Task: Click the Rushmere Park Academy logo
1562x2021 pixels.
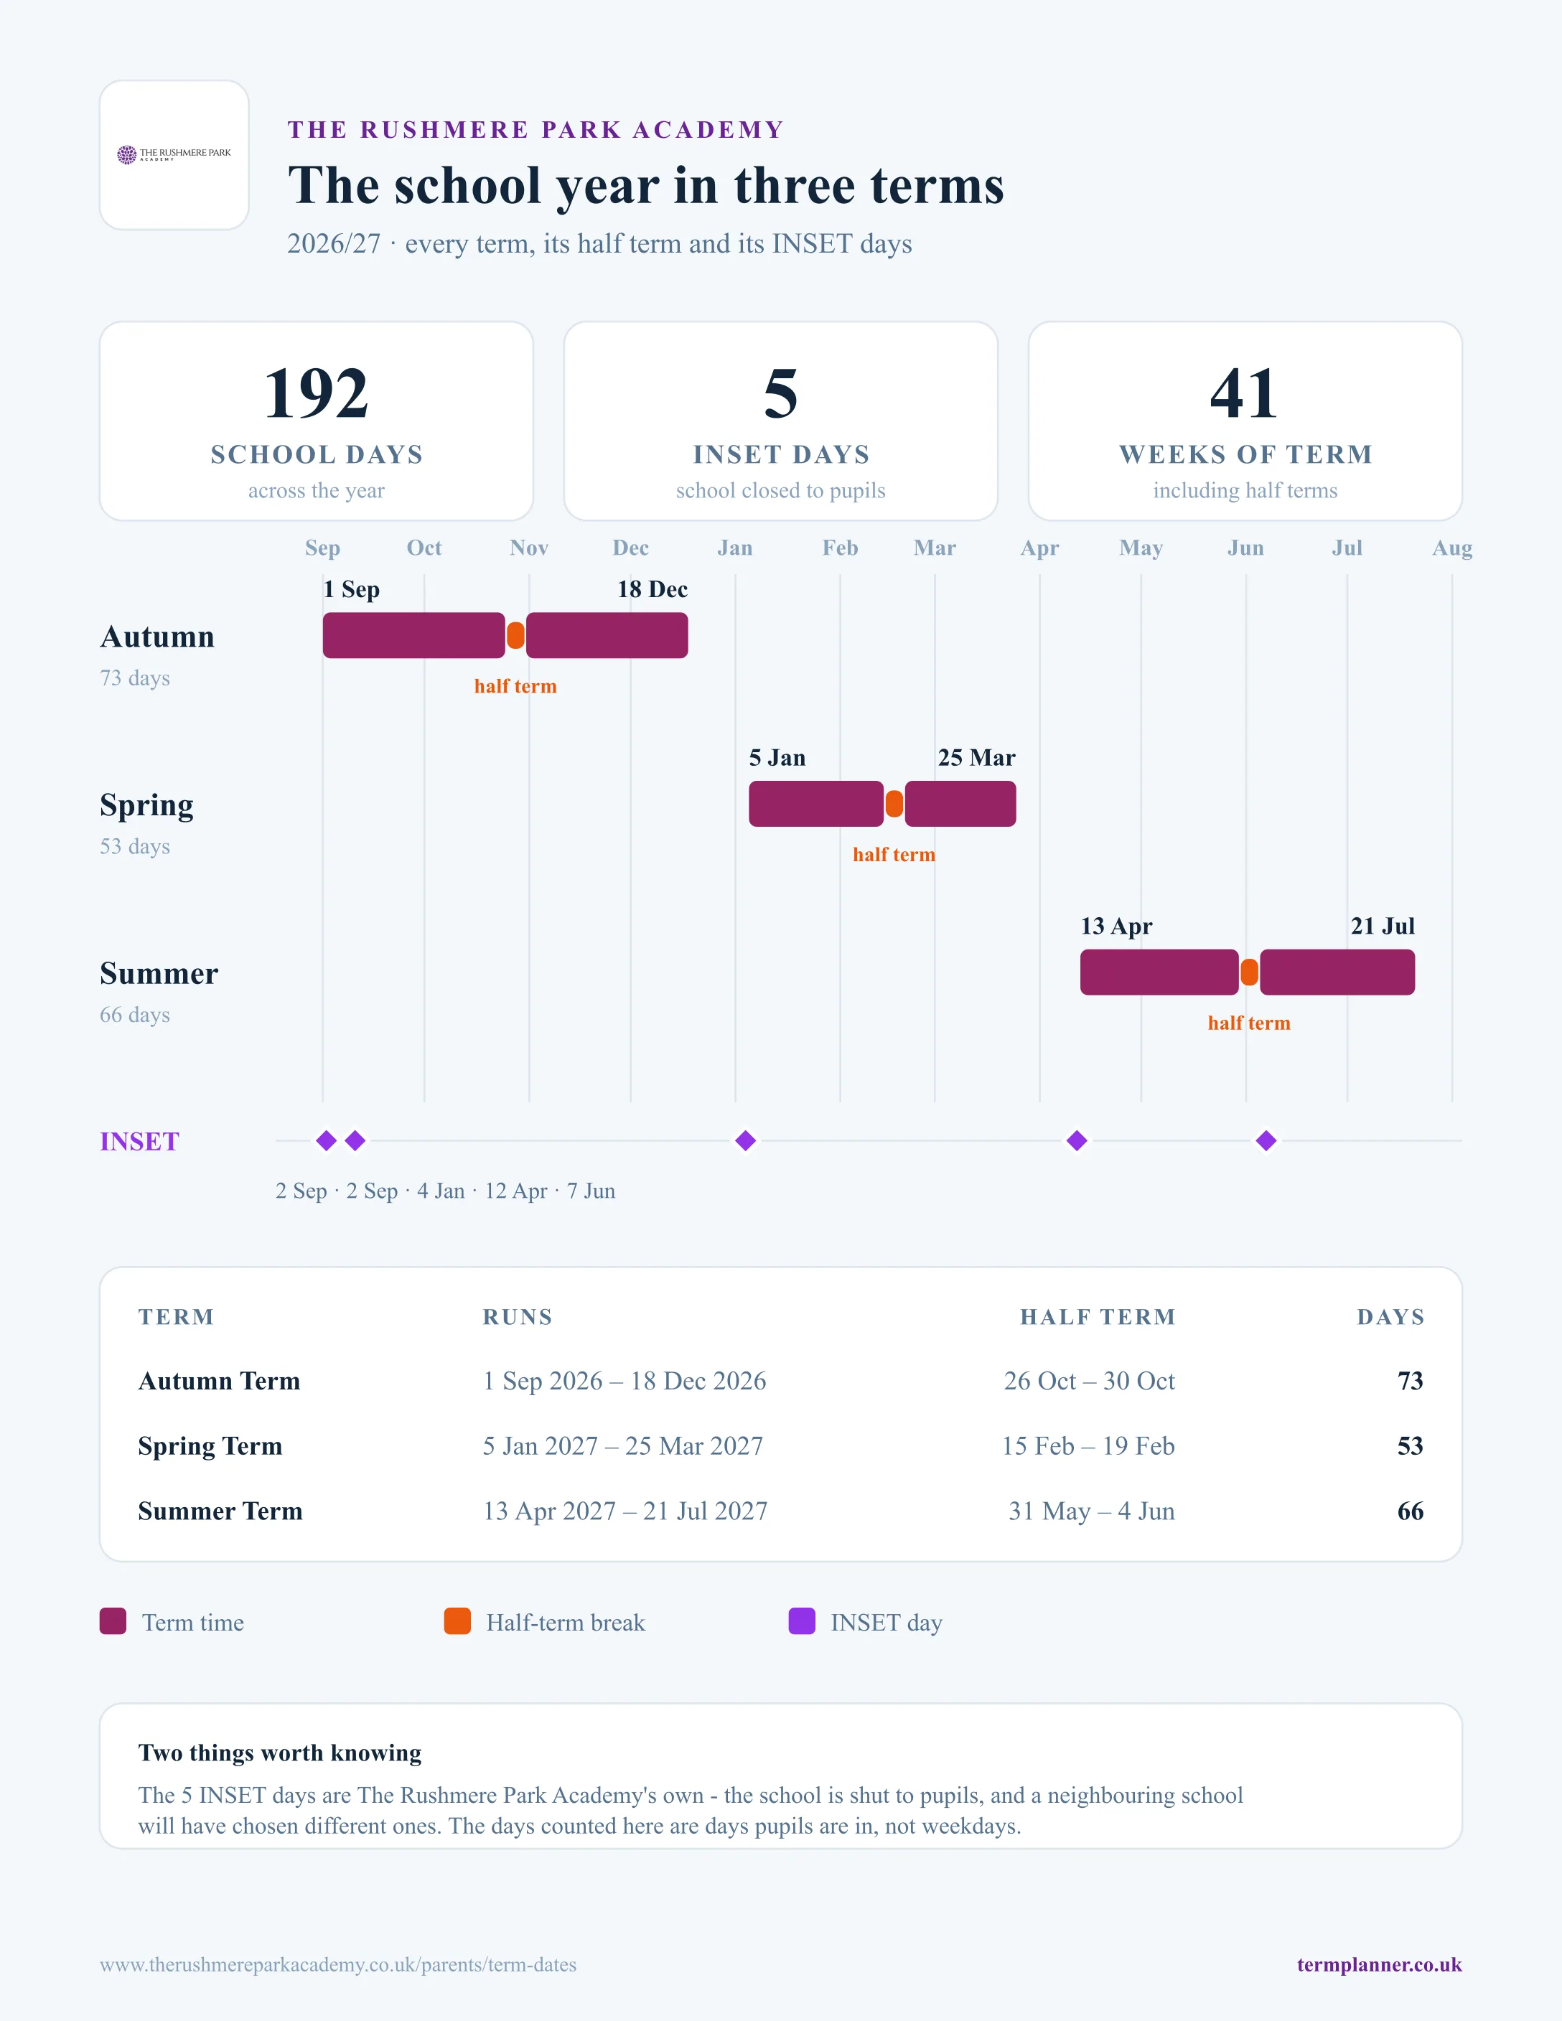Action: pyautogui.click(x=174, y=154)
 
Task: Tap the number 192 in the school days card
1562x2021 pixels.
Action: pyautogui.click(x=317, y=393)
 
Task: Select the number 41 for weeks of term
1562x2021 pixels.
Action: pyautogui.click(x=1245, y=393)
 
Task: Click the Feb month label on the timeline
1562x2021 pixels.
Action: pyautogui.click(x=841, y=548)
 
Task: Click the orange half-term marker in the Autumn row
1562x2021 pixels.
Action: pyautogui.click(x=515, y=636)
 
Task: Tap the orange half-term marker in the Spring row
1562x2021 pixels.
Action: pyautogui.click(x=894, y=804)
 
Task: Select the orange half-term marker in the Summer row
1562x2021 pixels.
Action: pyautogui.click(x=1249, y=972)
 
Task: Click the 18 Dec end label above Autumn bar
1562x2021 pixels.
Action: pyautogui.click(x=653, y=589)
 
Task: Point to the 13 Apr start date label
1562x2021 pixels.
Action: pyautogui.click(x=1116, y=927)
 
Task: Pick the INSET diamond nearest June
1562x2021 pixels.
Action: pyautogui.click(x=1266, y=1141)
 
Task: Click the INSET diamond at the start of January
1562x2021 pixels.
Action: pyautogui.click(x=746, y=1141)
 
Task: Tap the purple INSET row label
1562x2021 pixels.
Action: pyautogui.click(x=140, y=1142)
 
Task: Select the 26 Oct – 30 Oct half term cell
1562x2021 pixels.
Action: pyautogui.click(x=1089, y=1381)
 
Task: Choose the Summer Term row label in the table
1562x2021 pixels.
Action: pyautogui.click(x=220, y=1511)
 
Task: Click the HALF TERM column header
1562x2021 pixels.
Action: pyautogui.click(x=1098, y=1317)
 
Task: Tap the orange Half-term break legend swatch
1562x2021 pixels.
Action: pyautogui.click(x=457, y=1621)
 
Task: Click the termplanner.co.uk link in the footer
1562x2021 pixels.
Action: pyautogui.click(x=1379, y=1964)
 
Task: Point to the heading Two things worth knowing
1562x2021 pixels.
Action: pyautogui.click(x=279, y=1753)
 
